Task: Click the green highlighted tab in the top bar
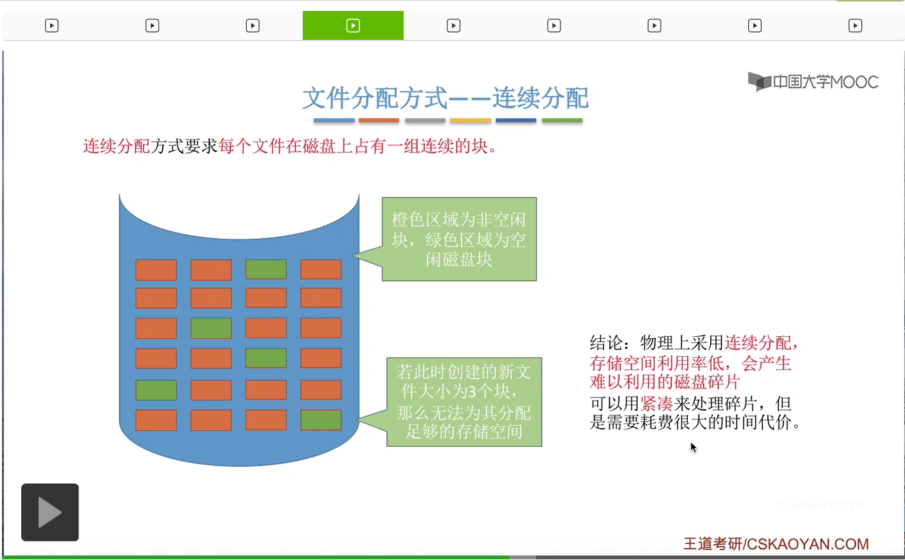pos(353,26)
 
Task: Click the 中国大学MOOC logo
pos(813,82)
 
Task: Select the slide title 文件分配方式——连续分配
pos(445,98)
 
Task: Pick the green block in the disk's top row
pos(265,269)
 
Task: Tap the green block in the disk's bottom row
pos(321,420)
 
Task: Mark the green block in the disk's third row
pos(211,328)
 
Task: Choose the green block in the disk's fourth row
pos(265,358)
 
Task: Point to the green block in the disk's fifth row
pos(156,390)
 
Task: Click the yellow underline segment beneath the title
pos(470,120)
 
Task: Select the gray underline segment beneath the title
pos(425,120)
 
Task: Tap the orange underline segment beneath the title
pos(379,120)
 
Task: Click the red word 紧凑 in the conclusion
pos(656,404)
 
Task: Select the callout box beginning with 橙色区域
pos(459,239)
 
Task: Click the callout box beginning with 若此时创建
pos(464,402)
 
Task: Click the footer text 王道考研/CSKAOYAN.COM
pos(776,544)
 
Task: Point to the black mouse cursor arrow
pos(693,447)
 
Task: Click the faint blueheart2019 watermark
pos(818,505)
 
